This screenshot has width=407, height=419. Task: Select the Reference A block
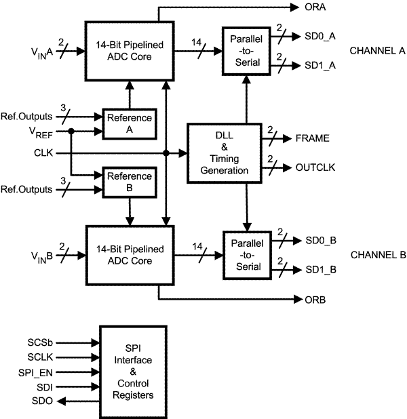coord(128,123)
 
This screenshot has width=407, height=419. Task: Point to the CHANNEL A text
coord(377,51)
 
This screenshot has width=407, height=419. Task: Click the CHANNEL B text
coord(377,255)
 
